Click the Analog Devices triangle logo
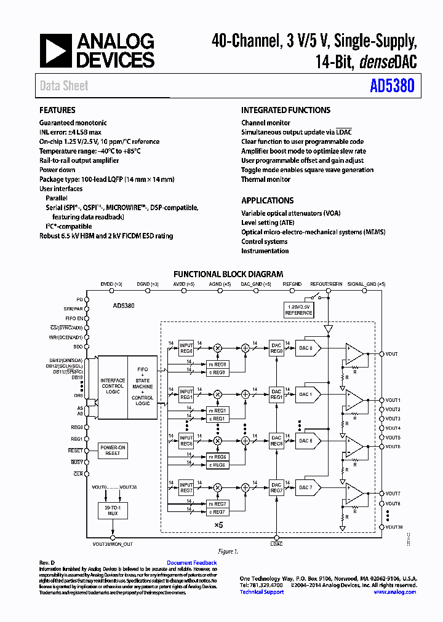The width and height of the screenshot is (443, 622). pos(55,50)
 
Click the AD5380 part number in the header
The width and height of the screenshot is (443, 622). pos(392,87)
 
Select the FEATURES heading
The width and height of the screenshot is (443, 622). pos(57,110)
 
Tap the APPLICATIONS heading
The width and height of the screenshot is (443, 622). pos(267,200)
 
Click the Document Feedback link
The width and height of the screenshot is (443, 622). pos(191,563)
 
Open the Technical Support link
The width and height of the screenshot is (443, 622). pos(261,592)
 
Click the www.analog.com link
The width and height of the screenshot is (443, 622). pos(394,592)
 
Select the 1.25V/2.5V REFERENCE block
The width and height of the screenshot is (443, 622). pos(298,310)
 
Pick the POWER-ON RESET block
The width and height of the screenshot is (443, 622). pos(113,450)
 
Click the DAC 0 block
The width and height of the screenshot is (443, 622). pos(306,348)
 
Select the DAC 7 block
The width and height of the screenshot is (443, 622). pos(306,487)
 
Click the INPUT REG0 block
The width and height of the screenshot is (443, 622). pos(186,348)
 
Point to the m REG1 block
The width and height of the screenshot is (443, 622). pos(218,410)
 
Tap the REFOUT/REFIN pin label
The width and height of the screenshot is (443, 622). pos(326,284)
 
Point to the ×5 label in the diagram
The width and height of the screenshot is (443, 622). pos(218,524)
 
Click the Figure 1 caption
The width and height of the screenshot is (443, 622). pos(228,551)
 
